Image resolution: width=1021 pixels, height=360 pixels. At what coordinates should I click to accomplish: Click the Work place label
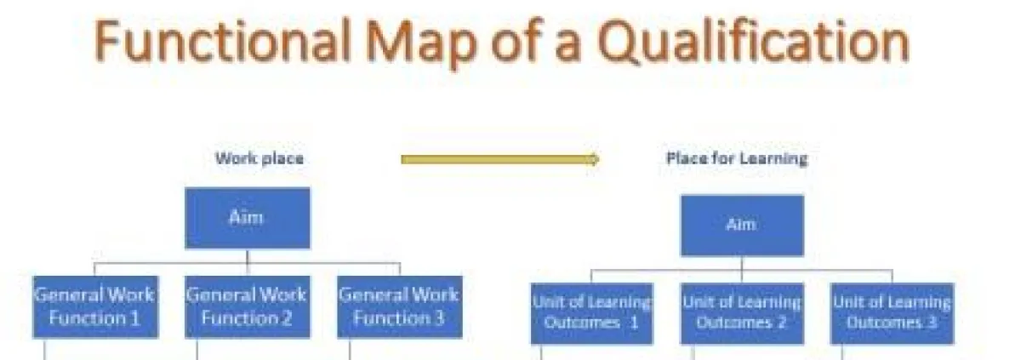tap(259, 158)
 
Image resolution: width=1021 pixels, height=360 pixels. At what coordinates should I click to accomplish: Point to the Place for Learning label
tap(736, 158)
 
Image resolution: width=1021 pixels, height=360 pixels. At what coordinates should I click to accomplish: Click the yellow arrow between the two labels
tap(500, 158)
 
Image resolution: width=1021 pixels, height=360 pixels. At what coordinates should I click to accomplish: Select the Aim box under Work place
tap(248, 218)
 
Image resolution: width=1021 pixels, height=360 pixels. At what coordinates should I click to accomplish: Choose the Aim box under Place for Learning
tap(742, 226)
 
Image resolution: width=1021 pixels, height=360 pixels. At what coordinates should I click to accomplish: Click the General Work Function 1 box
tap(94, 306)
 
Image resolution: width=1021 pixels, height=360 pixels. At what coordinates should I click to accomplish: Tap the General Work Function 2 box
tap(248, 306)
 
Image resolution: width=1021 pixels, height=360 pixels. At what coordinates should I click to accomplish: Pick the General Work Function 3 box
tap(400, 306)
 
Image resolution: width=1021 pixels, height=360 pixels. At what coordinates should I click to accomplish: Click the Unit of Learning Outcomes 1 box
tap(592, 313)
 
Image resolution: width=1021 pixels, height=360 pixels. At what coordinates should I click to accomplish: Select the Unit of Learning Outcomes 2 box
tap(742, 313)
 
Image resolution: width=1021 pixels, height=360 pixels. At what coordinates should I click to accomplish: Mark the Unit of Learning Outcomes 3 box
tap(892, 313)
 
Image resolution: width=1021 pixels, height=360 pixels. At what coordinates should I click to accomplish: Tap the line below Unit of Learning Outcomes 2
tap(693, 352)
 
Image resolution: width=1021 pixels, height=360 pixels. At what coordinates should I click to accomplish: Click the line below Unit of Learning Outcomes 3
tap(844, 352)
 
